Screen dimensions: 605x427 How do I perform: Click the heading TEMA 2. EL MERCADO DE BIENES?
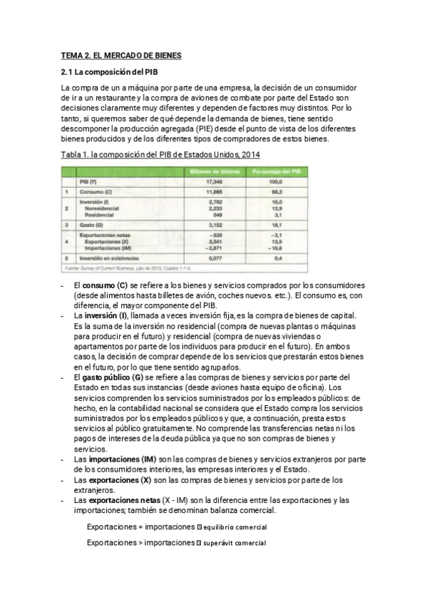click(x=121, y=55)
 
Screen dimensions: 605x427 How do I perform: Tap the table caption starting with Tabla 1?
click(x=160, y=153)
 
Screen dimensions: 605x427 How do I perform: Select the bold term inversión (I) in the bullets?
click(x=107, y=315)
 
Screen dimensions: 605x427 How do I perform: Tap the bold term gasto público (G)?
click(x=113, y=377)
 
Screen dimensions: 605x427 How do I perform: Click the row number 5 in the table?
click(x=66, y=258)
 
